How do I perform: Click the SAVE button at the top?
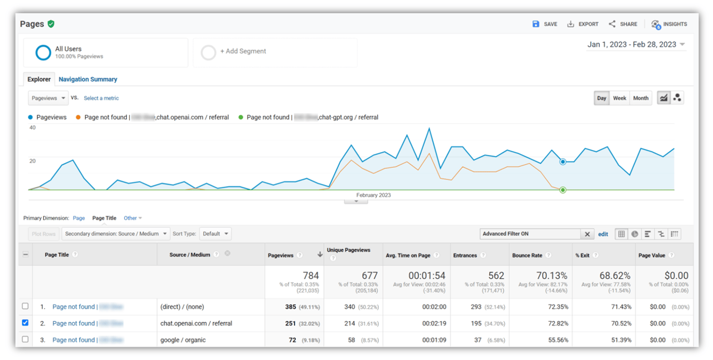(x=545, y=25)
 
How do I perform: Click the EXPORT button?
(x=583, y=25)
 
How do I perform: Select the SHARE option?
(x=623, y=25)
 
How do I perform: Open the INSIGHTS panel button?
(x=669, y=25)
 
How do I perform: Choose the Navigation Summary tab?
(x=88, y=79)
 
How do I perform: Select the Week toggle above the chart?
(x=619, y=98)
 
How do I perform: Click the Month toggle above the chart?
(x=641, y=98)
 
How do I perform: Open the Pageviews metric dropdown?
(x=48, y=98)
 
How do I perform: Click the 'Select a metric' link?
(x=101, y=98)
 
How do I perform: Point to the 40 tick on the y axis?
(x=32, y=128)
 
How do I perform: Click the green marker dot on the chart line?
(x=563, y=190)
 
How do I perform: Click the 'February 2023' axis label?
(x=373, y=195)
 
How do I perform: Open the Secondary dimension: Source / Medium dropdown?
(x=116, y=234)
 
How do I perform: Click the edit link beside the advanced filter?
(x=603, y=234)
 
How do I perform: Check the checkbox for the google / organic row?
(x=25, y=339)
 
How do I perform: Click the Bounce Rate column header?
(x=527, y=255)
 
